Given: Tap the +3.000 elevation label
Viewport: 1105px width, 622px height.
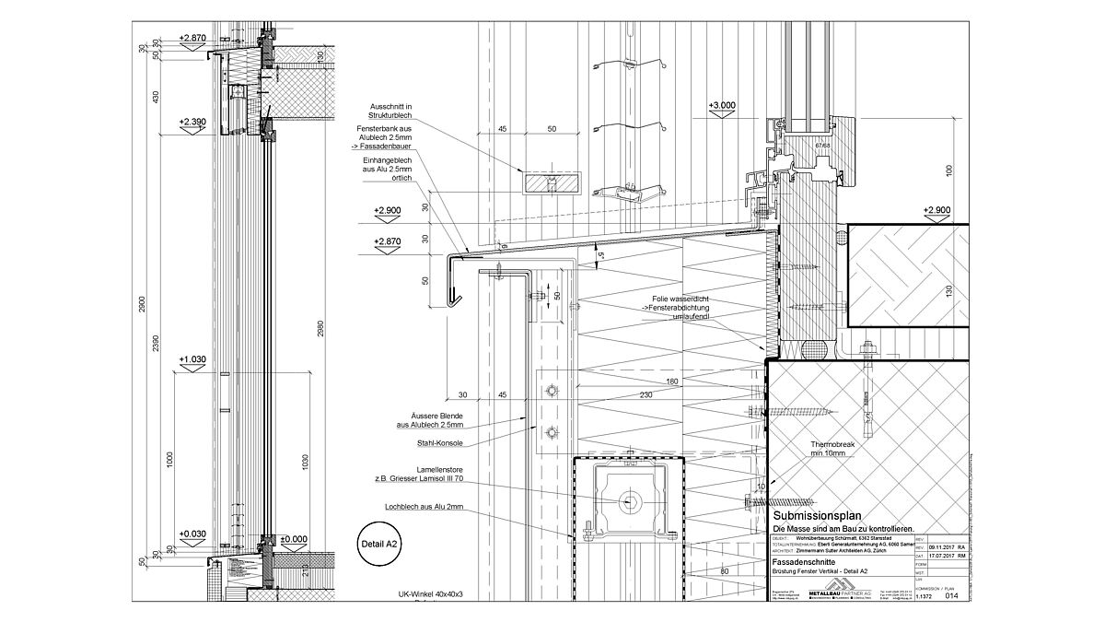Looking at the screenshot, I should (x=722, y=106).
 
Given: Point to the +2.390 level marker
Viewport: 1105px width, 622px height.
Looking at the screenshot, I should (x=194, y=122).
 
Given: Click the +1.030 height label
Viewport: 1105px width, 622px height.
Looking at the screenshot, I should (x=192, y=359).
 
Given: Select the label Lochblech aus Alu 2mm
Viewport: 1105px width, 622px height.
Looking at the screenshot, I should (x=425, y=507).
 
